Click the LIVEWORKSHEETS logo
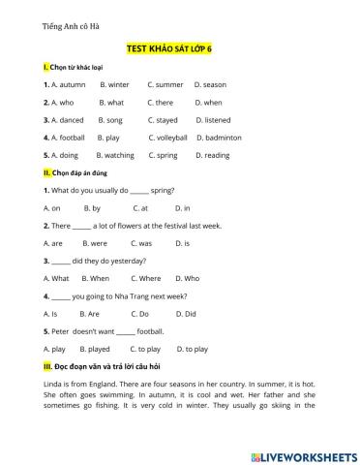[300, 453]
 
